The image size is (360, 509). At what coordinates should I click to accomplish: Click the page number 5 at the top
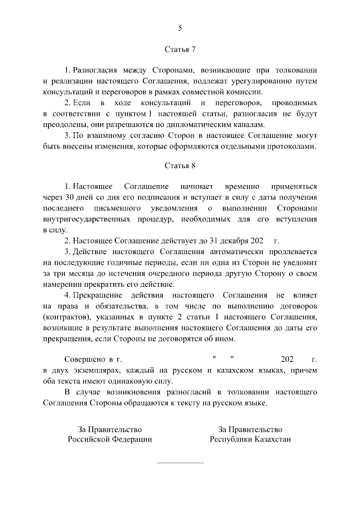180,28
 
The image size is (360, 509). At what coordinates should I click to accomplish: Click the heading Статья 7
180,49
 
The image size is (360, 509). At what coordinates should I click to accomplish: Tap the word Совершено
84,359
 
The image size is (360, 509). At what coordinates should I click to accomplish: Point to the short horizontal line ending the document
180,463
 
